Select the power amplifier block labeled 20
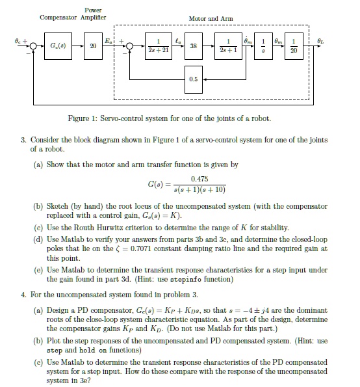click(94, 46)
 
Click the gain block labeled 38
click(194, 46)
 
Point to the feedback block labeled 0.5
click(194, 79)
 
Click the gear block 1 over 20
click(293, 46)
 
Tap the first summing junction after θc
click(27, 46)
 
